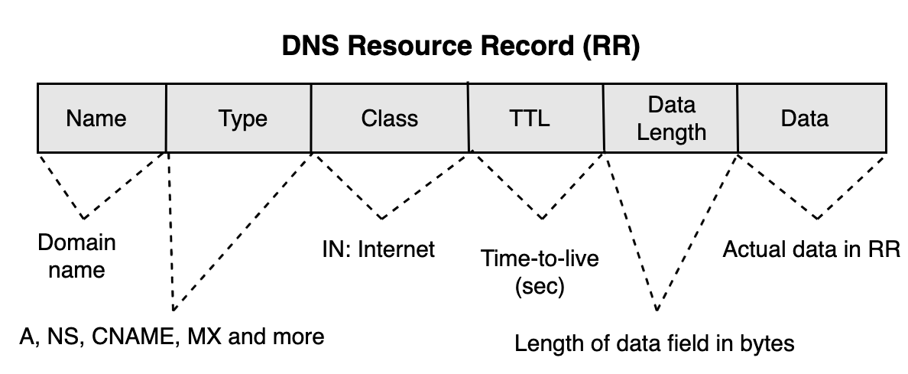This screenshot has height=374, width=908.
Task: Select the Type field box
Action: [x=238, y=119]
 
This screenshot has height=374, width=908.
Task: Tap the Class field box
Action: [x=390, y=119]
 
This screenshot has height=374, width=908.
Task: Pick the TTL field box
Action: [x=535, y=119]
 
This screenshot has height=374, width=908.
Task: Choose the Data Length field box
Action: [x=670, y=119]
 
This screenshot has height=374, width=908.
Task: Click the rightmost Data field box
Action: [x=812, y=119]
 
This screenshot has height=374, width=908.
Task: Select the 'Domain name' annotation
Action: [x=76, y=256]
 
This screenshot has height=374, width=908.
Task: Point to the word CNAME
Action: [x=135, y=337]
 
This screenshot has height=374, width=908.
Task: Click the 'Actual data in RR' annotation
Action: [x=812, y=249]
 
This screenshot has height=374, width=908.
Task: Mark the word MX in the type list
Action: [x=201, y=337]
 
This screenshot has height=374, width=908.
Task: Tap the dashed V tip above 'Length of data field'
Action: [x=657, y=311]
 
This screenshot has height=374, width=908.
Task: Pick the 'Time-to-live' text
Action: [x=540, y=259]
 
